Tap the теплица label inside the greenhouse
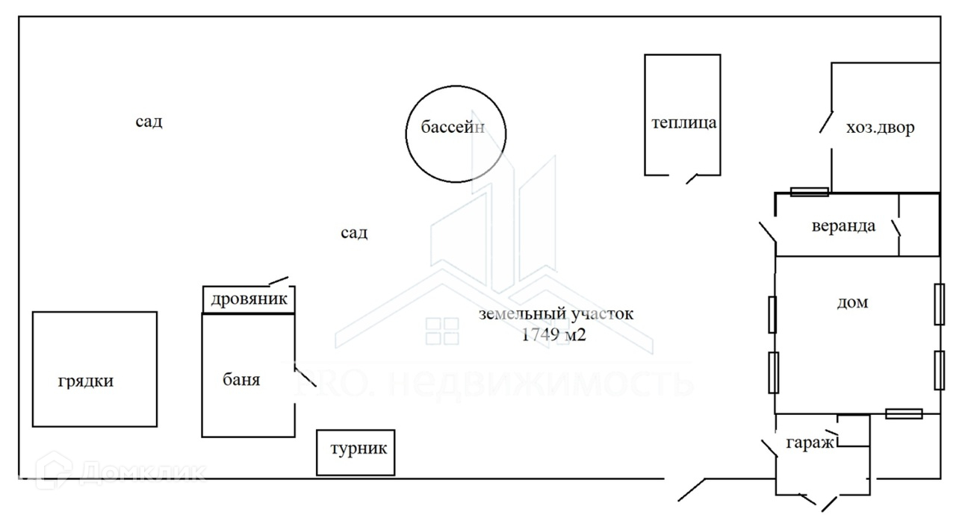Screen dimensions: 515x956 (683, 123)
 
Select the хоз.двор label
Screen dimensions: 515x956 (880, 128)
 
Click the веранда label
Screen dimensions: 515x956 (843, 225)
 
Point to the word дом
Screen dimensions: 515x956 (853, 303)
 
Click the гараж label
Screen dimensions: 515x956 (809, 443)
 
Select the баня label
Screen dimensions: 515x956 (241, 379)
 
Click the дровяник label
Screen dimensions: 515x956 (248, 300)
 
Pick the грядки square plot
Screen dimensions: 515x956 (95, 369)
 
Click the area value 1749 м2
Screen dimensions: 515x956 (553, 334)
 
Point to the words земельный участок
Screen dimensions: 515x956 (556, 314)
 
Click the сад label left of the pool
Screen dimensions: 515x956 (149, 122)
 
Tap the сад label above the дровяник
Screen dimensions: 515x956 (354, 233)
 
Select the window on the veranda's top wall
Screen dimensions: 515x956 (809, 192)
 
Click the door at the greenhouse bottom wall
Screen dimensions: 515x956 (692, 178)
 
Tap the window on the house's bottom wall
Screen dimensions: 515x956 (903, 413)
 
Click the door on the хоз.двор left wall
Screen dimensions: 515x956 (826, 122)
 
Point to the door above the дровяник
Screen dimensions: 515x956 (279, 281)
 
